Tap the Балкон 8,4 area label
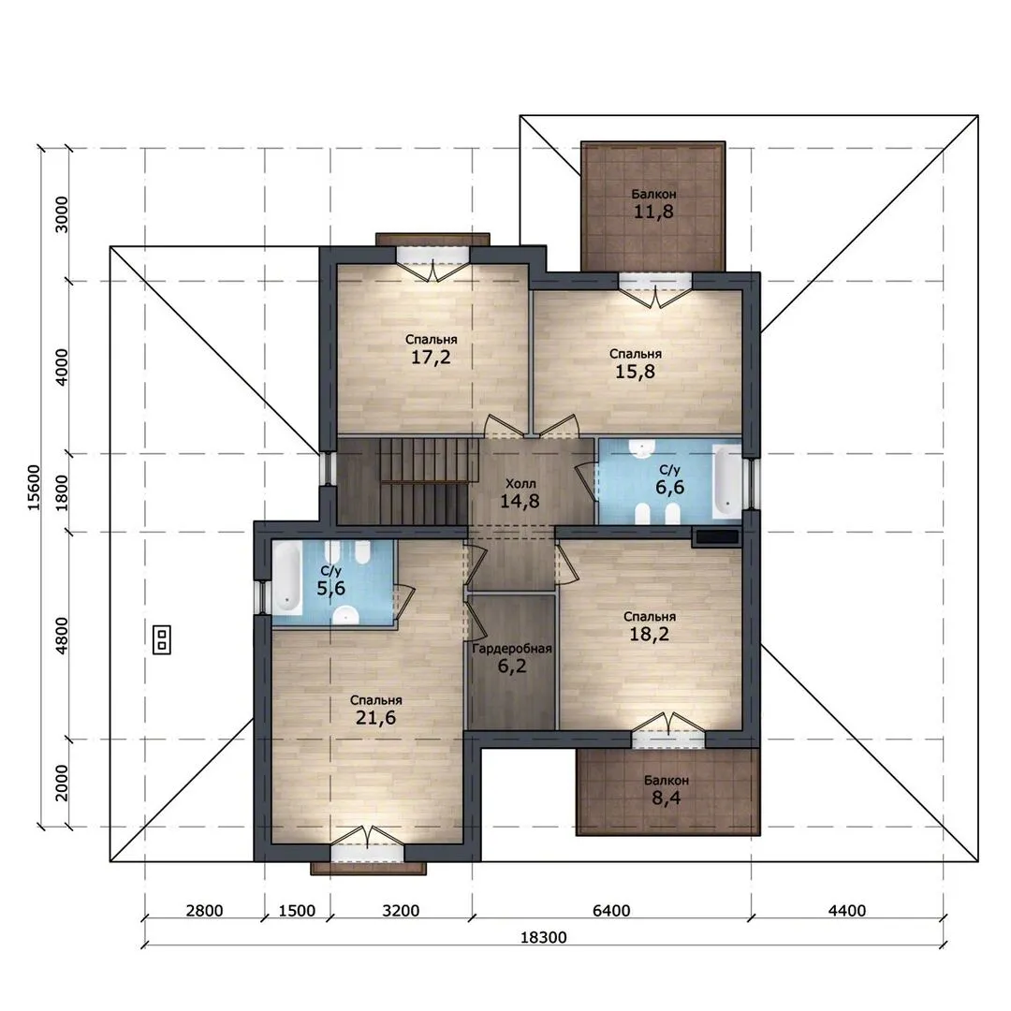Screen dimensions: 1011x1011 point(667,790)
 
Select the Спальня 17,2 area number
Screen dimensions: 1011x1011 point(431,357)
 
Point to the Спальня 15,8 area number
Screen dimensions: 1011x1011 point(635,372)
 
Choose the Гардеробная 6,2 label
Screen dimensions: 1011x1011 point(512,658)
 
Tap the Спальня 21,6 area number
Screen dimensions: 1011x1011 point(376,717)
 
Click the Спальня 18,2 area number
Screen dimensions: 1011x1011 point(650,634)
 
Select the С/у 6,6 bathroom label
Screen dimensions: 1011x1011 point(670,479)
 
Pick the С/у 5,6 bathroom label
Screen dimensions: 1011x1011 point(330,580)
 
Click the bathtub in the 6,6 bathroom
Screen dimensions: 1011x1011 point(726,479)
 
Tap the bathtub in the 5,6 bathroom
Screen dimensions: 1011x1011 point(287,577)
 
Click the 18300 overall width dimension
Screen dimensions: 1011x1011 point(544,937)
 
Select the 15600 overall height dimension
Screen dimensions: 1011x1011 point(34,488)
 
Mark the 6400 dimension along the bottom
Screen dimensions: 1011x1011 point(611,911)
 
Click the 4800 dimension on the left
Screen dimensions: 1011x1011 point(61,636)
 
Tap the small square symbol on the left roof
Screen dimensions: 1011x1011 point(162,639)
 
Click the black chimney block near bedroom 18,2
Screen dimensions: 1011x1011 point(716,537)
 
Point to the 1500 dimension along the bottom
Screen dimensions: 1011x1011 point(297,911)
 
